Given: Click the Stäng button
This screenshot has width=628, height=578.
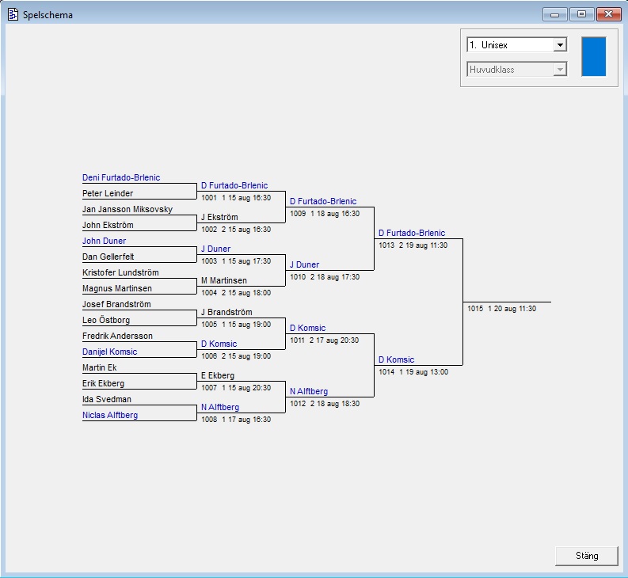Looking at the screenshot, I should click(x=587, y=556).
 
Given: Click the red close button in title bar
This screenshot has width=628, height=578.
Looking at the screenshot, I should click(x=608, y=14).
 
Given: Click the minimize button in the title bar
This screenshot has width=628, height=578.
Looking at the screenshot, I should click(x=554, y=14).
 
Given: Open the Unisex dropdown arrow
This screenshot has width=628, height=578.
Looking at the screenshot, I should click(x=561, y=45).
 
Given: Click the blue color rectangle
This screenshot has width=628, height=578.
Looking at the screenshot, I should click(x=593, y=56).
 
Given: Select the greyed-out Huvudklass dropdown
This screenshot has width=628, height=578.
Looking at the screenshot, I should click(x=516, y=70).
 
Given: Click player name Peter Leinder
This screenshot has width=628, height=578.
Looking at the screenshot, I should click(x=108, y=193).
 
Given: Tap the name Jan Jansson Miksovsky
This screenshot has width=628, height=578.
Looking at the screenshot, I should click(x=128, y=209).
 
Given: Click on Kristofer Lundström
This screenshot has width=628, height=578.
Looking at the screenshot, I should click(x=120, y=272).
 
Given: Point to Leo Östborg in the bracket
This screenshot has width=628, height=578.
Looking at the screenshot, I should click(x=105, y=320).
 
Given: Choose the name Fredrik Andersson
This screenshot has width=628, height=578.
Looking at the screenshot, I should click(x=117, y=336).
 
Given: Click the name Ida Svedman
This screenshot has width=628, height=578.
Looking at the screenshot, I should click(x=107, y=399).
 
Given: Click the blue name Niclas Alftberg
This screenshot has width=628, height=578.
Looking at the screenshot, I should click(x=110, y=415).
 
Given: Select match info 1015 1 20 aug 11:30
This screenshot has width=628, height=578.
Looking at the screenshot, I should click(x=501, y=309).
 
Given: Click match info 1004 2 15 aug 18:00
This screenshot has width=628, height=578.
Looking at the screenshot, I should click(x=236, y=293).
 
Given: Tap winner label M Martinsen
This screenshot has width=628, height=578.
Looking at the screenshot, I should click(x=224, y=280).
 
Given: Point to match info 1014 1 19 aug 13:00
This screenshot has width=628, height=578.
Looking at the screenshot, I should click(x=413, y=372).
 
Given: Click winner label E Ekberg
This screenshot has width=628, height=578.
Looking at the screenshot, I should click(x=218, y=375).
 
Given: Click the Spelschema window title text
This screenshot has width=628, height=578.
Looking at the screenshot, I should click(x=48, y=14).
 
